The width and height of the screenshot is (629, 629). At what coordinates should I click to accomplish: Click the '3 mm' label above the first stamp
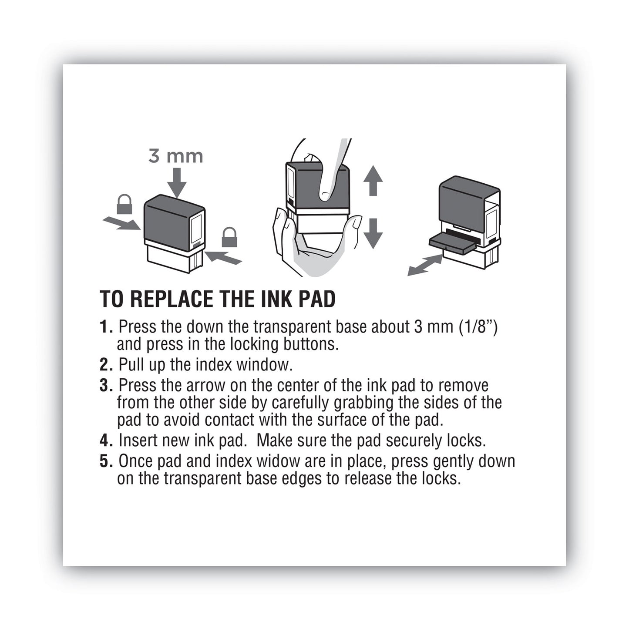(x=175, y=156)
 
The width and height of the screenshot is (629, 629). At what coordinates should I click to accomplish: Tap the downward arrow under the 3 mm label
(x=176, y=183)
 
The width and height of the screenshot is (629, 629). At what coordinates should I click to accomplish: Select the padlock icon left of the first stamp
(x=124, y=204)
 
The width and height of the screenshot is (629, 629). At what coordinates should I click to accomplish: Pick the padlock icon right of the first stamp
(x=229, y=237)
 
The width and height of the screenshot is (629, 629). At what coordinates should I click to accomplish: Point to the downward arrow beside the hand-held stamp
(x=373, y=233)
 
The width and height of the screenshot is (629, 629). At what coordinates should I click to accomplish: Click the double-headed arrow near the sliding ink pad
(x=425, y=265)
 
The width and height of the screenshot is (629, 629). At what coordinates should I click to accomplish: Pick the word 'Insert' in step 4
(x=138, y=441)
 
